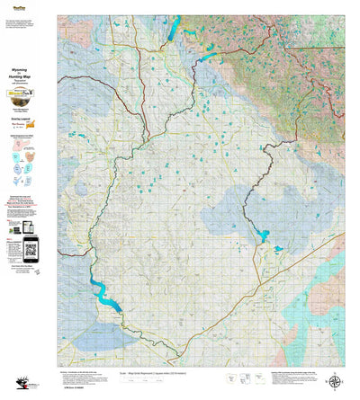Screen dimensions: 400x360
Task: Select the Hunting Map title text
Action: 29,79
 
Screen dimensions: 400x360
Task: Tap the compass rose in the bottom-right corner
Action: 336,381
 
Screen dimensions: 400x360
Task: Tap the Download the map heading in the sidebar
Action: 29,193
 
